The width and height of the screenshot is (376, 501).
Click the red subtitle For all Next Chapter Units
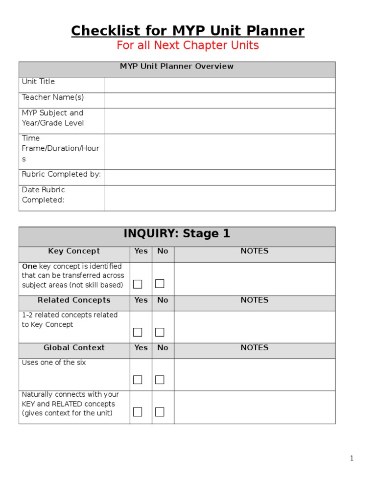point(188,46)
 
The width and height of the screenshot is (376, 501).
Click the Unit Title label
point(38,82)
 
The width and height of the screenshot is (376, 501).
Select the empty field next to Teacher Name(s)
point(220,100)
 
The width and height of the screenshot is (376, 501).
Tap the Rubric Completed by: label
point(61,174)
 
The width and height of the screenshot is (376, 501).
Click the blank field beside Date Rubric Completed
point(220,198)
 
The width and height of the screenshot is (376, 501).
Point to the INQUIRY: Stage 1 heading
point(177,234)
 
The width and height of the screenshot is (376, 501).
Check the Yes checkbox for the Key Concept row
point(138,284)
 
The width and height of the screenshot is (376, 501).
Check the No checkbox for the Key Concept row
point(160,284)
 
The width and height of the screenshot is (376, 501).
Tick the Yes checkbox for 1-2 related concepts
point(138,332)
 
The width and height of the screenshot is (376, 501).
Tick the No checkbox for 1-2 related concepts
point(160,332)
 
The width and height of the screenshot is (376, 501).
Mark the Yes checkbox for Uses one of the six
point(138,380)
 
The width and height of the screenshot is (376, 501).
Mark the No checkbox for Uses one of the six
point(160,380)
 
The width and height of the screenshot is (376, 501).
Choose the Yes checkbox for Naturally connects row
point(138,412)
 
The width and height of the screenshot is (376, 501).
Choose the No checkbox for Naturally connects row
point(160,412)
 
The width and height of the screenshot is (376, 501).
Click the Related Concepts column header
point(74,300)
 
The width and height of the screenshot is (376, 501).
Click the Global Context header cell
point(74,348)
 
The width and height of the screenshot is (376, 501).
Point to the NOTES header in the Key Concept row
point(255,251)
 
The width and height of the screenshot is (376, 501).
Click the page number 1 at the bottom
point(352,458)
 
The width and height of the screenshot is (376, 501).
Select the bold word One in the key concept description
point(29,267)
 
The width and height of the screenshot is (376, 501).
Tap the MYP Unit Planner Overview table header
point(177,67)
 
